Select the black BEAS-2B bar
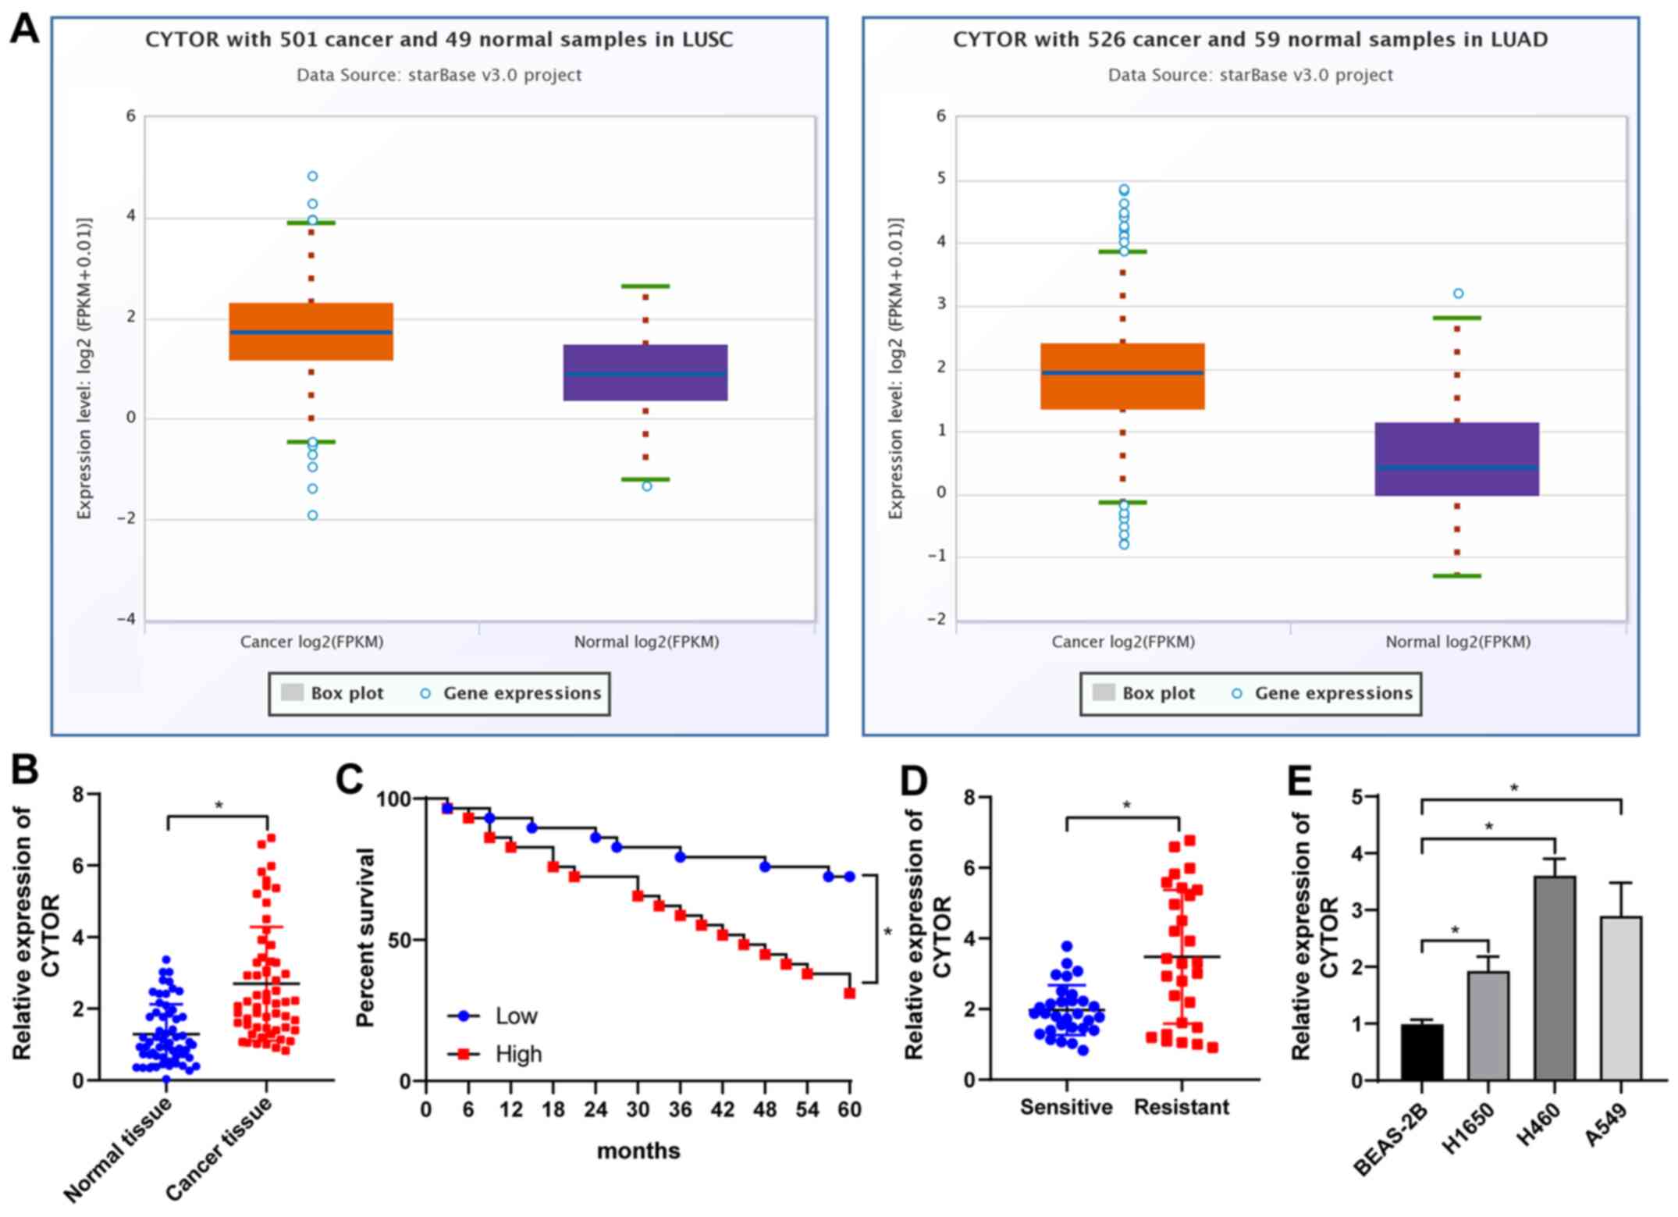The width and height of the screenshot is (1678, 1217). [1421, 1052]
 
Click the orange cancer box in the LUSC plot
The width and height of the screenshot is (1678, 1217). [311, 332]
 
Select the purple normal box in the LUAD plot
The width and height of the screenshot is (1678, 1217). [1456, 459]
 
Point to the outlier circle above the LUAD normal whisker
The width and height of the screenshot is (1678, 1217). [1458, 294]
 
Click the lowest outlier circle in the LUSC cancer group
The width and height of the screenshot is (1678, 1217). [312, 515]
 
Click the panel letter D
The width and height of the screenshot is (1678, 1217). [915, 780]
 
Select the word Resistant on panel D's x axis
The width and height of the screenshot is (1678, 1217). [1181, 1107]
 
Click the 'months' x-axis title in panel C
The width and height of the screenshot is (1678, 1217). [638, 1151]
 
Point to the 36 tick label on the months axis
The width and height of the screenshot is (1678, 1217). [680, 1109]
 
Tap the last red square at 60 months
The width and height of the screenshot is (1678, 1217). [849, 993]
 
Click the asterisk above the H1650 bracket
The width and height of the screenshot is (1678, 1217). [1455, 930]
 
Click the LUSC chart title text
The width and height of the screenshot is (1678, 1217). [439, 40]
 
